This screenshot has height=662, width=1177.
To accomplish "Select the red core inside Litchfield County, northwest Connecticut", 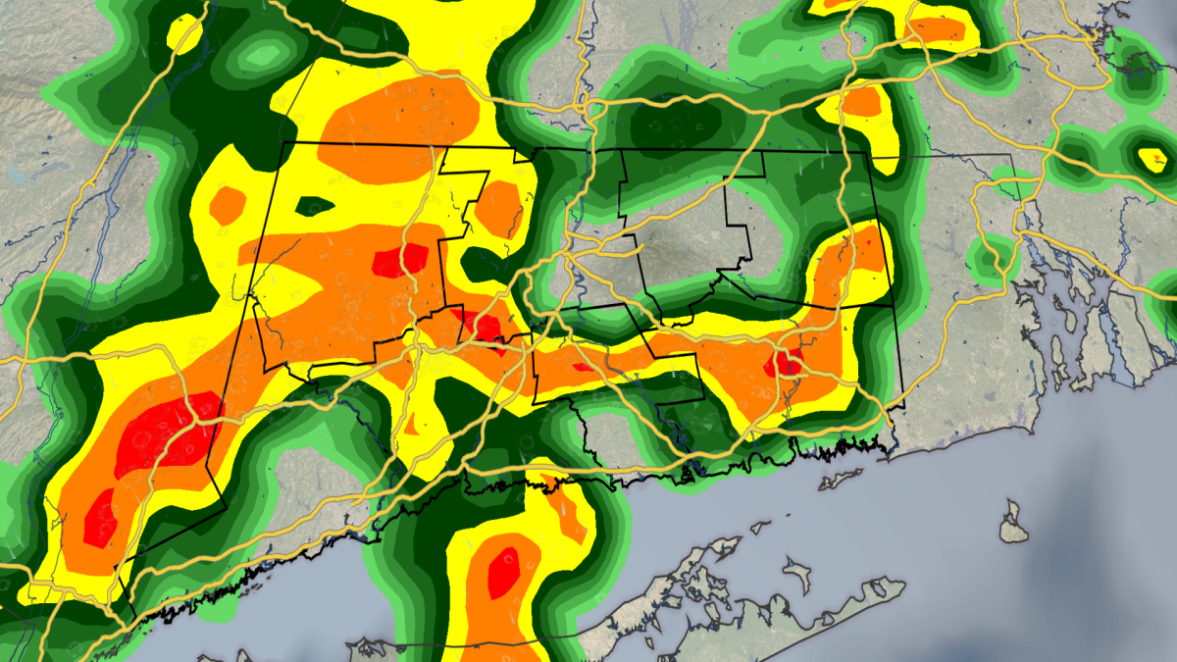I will point(400,261).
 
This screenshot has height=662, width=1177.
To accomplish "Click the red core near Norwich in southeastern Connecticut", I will point(786,364).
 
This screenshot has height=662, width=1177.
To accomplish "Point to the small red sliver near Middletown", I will point(582,367).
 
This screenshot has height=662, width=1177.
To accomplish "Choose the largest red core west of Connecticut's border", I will point(162,432).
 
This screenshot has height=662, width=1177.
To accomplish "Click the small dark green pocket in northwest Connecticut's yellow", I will point(315,206).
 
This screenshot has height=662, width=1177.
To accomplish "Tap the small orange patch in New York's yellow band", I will point(229,204).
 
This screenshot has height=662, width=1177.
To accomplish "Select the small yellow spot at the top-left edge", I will point(183,35).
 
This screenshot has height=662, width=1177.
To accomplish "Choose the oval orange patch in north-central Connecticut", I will point(499,205).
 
